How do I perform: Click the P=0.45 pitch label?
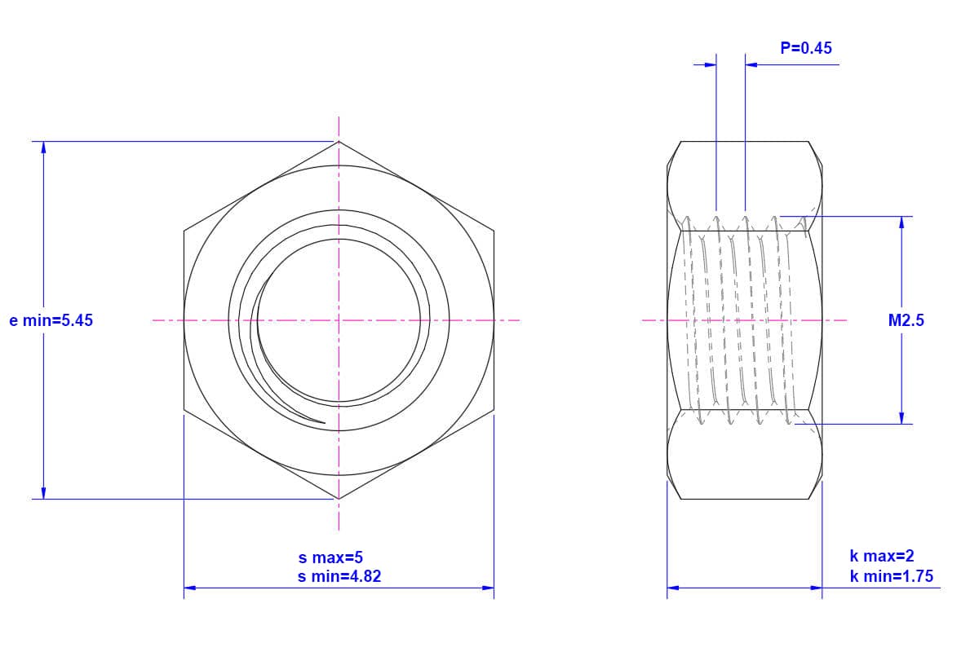tap(806, 48)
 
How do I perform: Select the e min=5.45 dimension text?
tap(51, 320)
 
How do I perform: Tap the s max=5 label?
tap(330, 557)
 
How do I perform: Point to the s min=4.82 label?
tap(339, 576)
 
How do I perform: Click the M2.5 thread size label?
tap(906, 320)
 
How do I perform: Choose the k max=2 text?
tap(882, 556)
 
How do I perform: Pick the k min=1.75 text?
tap(892, 576)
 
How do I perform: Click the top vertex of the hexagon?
tap(339, 142)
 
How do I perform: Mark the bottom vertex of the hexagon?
tap(339, 499)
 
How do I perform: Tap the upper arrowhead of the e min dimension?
tap(43, 148)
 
